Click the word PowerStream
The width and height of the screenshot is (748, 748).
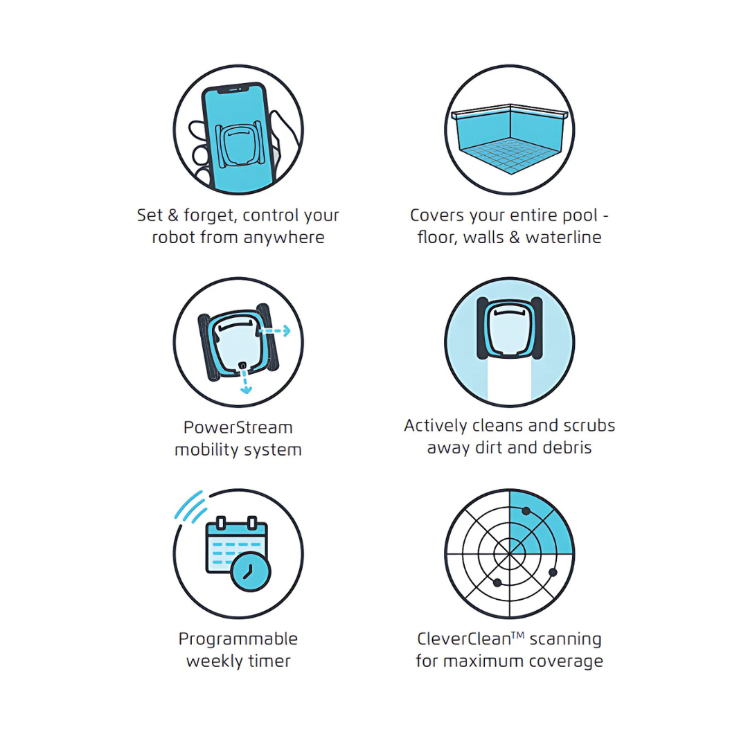(x=238, y=427)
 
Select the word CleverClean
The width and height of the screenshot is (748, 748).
(x=463, y=639)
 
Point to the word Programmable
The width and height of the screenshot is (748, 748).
(x=238, y=639)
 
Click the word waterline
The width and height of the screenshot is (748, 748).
(x=563, y=238)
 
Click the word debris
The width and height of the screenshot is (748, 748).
(x=567, y=447)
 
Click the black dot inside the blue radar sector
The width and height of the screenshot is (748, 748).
(x=526, y=511)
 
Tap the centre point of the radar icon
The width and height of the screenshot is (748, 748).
(x=509, y=554)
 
